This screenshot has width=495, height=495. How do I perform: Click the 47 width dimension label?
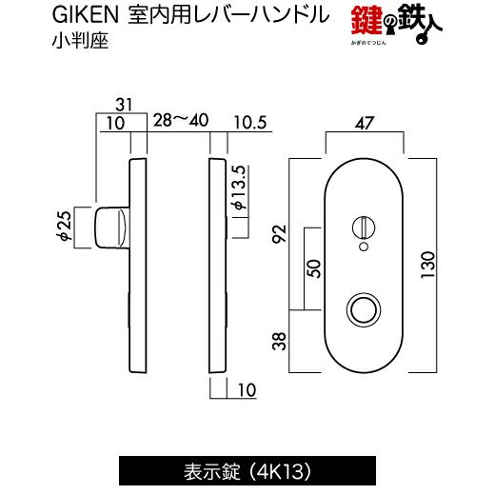[365, 123]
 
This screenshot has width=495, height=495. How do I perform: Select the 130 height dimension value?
[427, 265]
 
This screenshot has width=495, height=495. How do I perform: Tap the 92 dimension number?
[280, 233]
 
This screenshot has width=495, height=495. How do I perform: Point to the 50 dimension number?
[314, 268]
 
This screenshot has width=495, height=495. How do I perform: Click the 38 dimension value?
[280, 341]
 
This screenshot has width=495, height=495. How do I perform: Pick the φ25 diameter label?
[66, 226]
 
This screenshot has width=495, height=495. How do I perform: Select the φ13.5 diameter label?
[240, 188]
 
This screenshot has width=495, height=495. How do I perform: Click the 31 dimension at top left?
[124, 105]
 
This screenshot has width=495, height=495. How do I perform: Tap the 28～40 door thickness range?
[181, 120]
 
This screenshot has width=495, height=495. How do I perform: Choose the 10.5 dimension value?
[250, 123]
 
